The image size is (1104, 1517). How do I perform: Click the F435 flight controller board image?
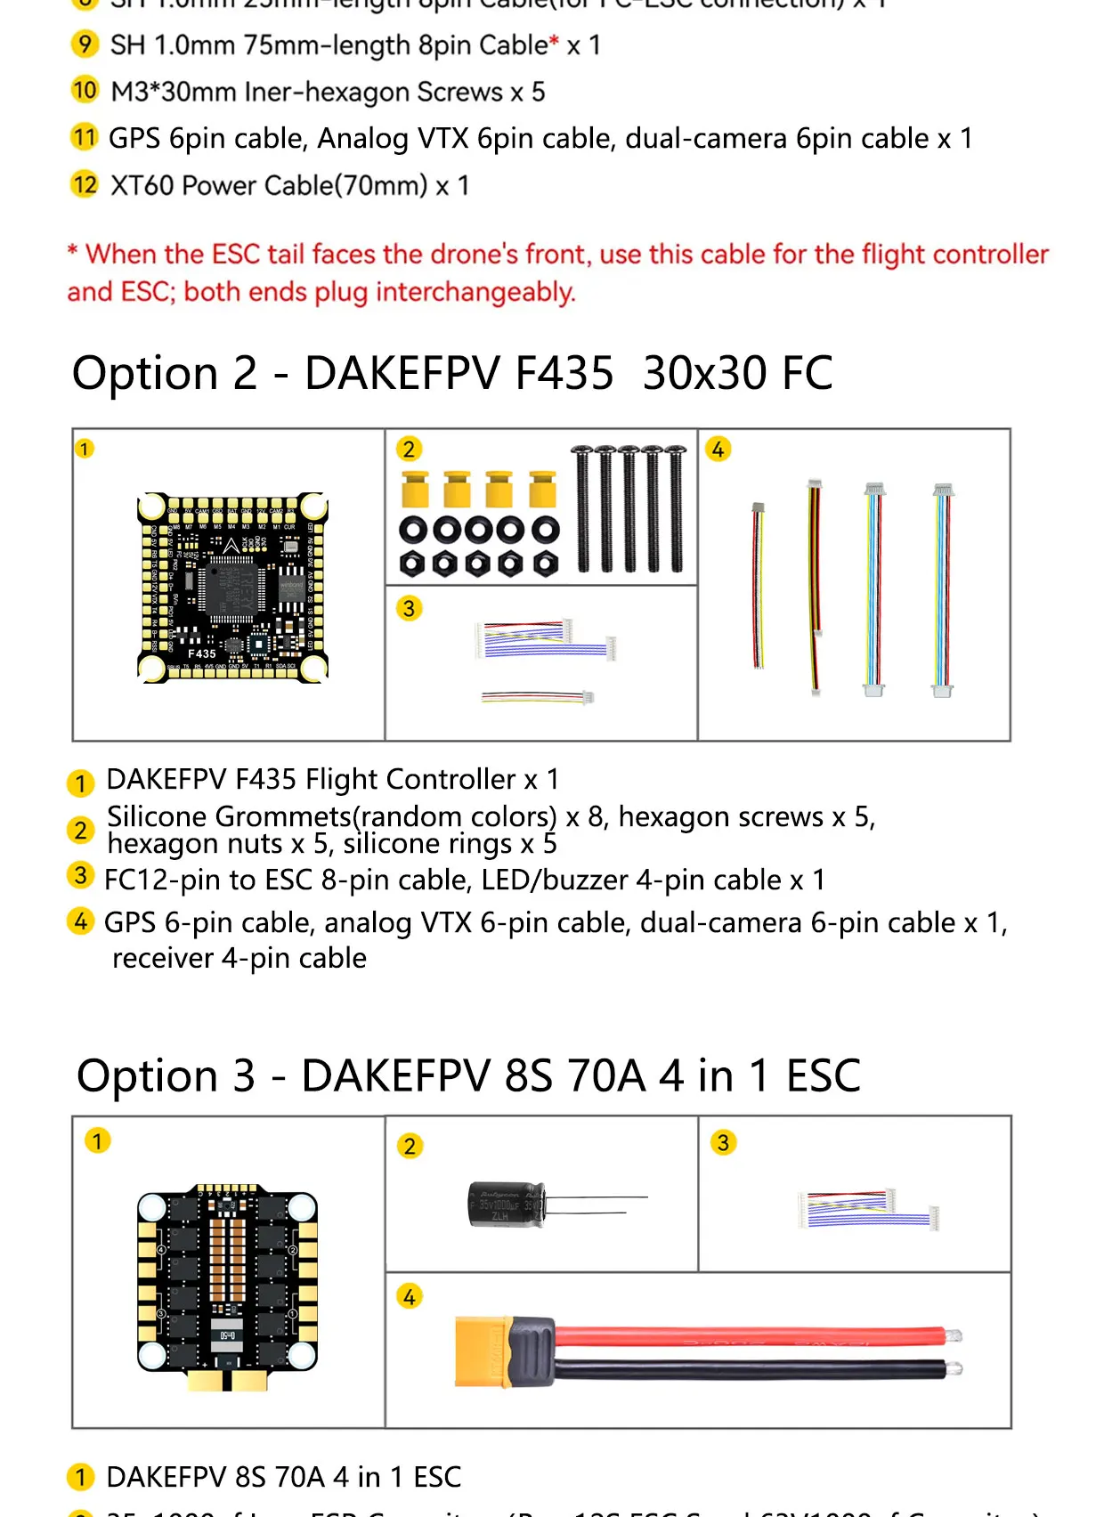[x=232, y=588]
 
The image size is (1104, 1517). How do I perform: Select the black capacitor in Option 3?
[x=506, y=1205]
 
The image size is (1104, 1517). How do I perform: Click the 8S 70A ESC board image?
[x=228, y=1282]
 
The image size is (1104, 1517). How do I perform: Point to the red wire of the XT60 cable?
[x=748, y=1336]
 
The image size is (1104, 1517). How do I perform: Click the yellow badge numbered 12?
[x=84, y=184]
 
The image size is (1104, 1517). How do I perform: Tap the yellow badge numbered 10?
[x=84, y=90]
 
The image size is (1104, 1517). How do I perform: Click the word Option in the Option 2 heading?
[x=144, y=373]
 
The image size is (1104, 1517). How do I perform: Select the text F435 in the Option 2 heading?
[x=564, y=373]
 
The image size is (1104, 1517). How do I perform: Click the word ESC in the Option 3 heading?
[x=823, y=1075]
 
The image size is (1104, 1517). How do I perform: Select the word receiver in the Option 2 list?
[x=162, y=958]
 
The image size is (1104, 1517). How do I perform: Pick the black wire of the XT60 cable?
[x=748, y=1370]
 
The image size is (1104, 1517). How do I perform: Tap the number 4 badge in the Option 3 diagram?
[x=409, y=1297]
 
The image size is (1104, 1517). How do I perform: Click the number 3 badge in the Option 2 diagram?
[x=409, y=608]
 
